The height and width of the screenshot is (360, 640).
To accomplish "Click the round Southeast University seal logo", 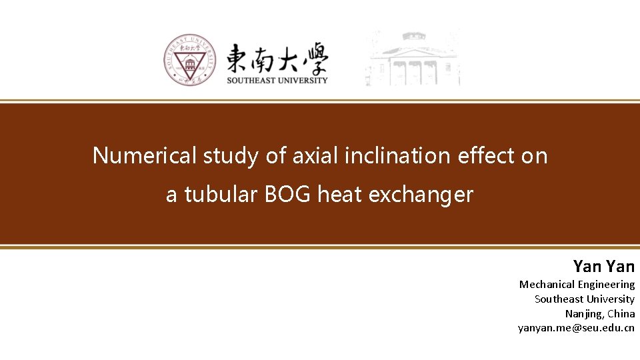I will pyautogui.click(x=189, y=60).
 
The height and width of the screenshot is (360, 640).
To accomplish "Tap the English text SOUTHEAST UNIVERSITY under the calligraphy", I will pyautogui.click(x=277, y=81).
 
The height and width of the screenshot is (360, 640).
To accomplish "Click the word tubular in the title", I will pyautogui.click(x=221, y=195).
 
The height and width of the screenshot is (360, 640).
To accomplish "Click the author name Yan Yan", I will pyautogui.click(x=603, y=267).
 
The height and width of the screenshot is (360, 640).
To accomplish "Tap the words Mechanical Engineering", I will pyautogui.click(x=577, y=285).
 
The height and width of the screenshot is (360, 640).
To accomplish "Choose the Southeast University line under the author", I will pyautogui.click(x=584, y=299).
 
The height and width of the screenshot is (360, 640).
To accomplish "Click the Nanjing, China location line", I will pyautogui.click(x=599, y=313).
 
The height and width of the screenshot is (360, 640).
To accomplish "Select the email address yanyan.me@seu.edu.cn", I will pyautogui.click(x=576, y=328).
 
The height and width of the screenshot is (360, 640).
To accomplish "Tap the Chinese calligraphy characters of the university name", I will pyautogui.click(x=277, y=60).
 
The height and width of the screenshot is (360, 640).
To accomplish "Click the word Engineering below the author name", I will pyautogui.click(x=606, y=285).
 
